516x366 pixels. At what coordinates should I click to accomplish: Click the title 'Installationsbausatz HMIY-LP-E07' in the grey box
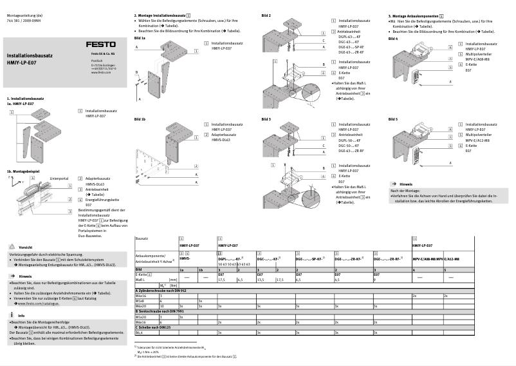[30, 61]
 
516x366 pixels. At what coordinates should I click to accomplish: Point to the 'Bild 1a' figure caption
[140, 38]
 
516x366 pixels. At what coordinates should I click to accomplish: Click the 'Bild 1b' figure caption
[140, 120]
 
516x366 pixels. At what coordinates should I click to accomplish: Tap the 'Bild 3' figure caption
[266, 120]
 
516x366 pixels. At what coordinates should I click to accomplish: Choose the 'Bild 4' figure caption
[392, 38]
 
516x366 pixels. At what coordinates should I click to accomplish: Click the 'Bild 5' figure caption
[392, 120]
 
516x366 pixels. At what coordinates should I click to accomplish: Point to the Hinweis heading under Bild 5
[406, 184]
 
